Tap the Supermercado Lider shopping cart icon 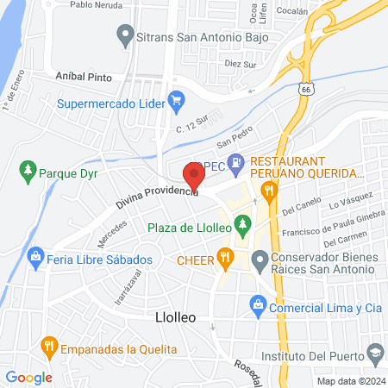(176, 100)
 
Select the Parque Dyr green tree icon (28, 170)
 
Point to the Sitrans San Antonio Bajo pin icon (124, 37)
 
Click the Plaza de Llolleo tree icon (244, 226)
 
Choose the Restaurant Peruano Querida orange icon (269, 191)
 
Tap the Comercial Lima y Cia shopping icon (256, 304)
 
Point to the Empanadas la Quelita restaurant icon (47, 348)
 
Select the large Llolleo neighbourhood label (175, 317)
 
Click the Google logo (29, 377)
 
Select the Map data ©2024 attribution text (350, 380)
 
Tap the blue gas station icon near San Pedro (242, 161)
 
